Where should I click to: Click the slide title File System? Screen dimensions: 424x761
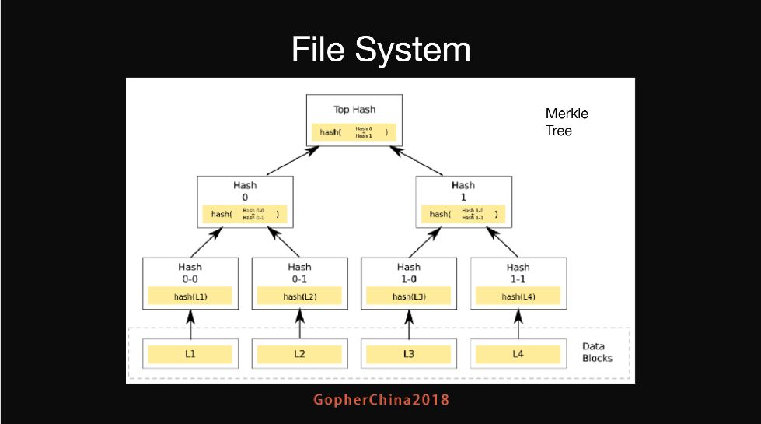tap(380, 50)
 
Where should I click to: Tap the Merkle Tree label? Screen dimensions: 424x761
tap(567, 122)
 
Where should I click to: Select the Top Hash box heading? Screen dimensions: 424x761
tap(354, 110)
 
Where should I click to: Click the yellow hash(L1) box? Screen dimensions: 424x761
tap(190, 296)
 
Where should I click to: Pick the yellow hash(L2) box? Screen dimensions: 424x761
tap(299, 296)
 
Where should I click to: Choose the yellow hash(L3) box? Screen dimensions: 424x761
tap(409, 296)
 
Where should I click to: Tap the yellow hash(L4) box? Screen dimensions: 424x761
tap(518, 296)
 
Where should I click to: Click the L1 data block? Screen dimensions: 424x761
tap(190, 354)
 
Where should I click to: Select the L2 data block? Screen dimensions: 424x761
tap(299, 354)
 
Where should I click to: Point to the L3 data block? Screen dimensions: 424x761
tap(409, 354)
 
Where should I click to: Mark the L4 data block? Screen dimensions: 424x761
tap(518, 354)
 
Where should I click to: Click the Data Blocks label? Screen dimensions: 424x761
tap(597, 352)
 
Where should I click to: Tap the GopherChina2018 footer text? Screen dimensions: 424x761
tap(381, 400)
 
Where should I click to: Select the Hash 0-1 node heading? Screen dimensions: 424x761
tap(299, 272)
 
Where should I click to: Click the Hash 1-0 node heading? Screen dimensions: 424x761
tap(409, 272)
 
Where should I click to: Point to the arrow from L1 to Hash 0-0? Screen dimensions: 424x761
tap(190, 324)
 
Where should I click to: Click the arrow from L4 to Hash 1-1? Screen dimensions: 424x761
tap(518, 324)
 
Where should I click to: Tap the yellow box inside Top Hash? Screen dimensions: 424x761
tap(354, 132)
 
